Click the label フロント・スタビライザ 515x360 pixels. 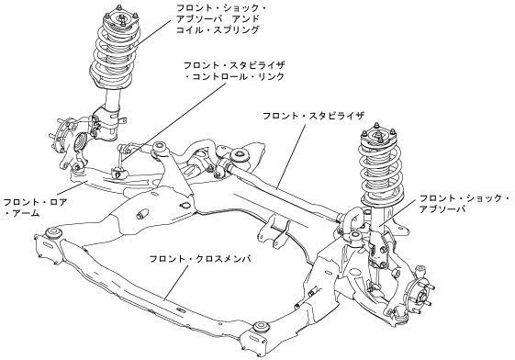(314, 116)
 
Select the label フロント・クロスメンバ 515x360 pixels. (200, 259)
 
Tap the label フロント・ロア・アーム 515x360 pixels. (35, 208)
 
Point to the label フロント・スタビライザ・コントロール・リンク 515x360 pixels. (234, 71)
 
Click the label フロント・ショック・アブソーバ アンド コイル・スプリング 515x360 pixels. (222, 18)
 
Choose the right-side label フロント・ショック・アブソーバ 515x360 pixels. (465, 204)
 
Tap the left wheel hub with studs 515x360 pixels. (62, 136)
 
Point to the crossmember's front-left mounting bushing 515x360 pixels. (53, 232)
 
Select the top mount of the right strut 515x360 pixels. (378, 135)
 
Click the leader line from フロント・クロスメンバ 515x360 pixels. (176, 282)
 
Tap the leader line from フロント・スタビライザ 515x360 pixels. (290, 156)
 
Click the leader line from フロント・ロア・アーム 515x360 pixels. (72, 188)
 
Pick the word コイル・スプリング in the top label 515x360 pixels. (218, 29)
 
